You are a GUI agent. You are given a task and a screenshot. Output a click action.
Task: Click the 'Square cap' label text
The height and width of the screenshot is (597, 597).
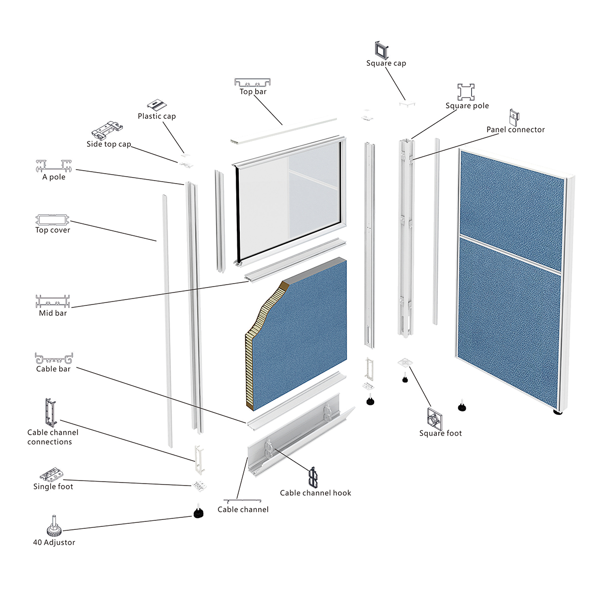coord(386,63)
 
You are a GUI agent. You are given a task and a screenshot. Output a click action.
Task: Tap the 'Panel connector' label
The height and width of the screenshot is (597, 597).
coord(515,129)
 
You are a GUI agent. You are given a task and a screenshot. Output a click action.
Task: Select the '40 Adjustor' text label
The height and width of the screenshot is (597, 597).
coord(54,542)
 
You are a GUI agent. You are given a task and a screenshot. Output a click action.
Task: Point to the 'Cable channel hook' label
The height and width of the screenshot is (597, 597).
coord(315,493)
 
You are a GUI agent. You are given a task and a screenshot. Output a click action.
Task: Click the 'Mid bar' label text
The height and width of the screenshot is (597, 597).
coord(53,313)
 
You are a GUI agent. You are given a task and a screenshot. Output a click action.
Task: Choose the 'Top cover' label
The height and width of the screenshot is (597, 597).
coord(53,230)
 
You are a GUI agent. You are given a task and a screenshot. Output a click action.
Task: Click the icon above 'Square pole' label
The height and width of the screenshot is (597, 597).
coord(466,92)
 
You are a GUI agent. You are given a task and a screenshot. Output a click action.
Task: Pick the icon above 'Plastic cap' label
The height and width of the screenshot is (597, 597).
coord(157,105)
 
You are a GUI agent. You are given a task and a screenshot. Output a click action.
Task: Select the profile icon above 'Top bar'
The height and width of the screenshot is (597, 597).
coord(253,82)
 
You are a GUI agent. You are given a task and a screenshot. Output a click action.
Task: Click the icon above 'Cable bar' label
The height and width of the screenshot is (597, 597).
coord(54,358)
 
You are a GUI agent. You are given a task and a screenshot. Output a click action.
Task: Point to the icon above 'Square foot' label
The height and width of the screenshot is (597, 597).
coord(435,418)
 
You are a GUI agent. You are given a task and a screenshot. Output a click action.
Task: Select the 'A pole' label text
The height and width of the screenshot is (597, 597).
coord(54,177)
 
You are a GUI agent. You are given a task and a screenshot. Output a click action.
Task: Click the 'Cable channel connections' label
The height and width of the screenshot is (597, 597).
coord(52,437)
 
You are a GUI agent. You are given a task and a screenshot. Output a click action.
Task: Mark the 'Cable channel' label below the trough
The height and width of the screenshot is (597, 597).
coord(243,509)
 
